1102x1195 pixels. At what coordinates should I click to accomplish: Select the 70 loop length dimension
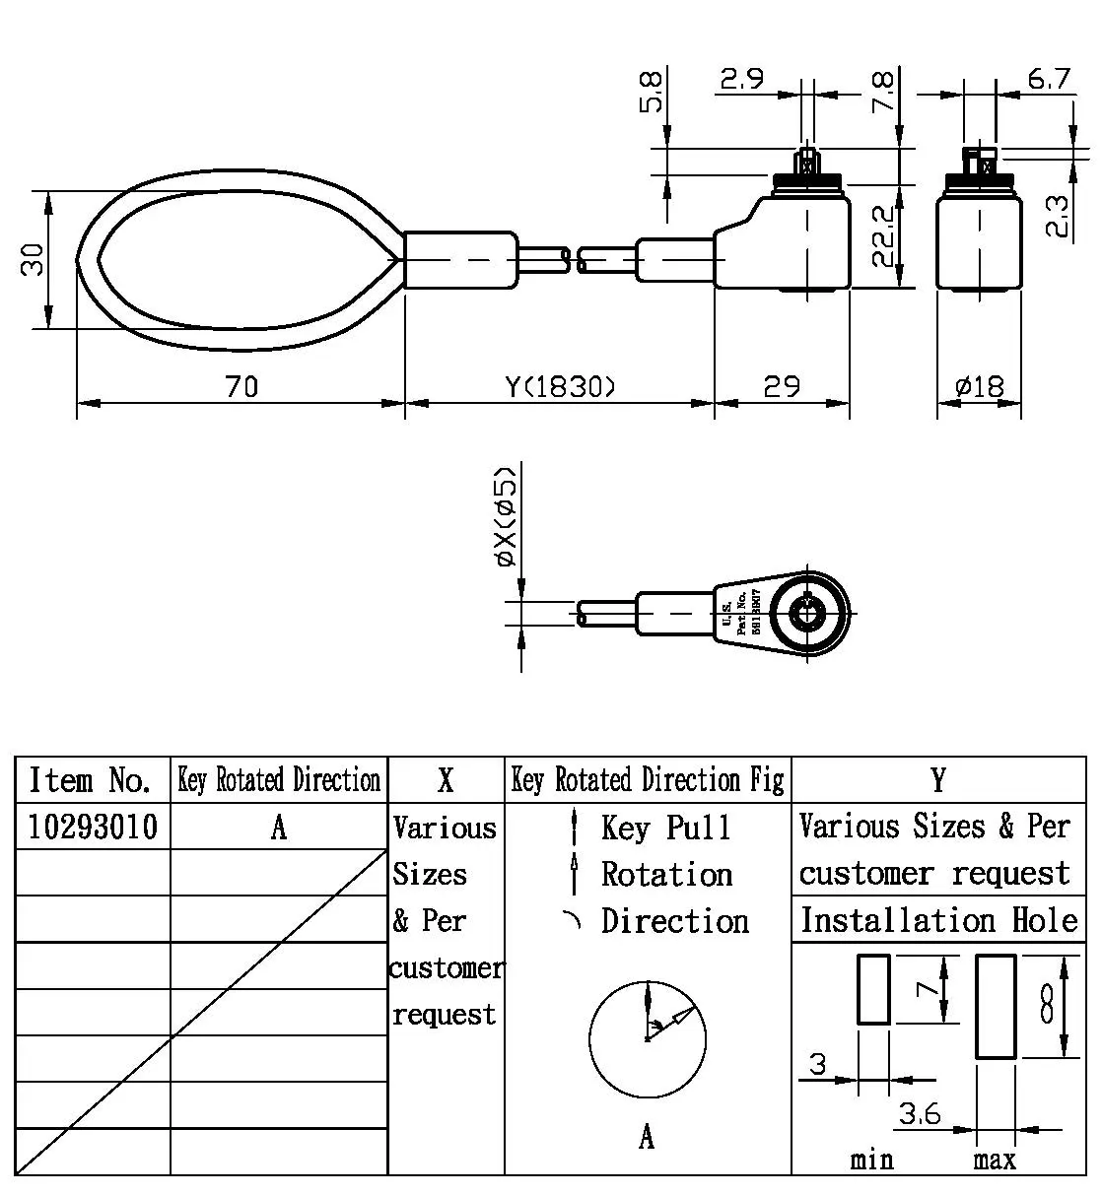241,386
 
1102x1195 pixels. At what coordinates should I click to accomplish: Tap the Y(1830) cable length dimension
560,386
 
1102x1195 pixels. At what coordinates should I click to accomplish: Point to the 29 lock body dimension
782,386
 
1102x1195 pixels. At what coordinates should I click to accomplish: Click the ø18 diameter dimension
980,386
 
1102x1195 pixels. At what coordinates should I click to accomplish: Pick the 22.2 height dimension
885,236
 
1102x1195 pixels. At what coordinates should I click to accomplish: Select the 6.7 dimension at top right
1049,79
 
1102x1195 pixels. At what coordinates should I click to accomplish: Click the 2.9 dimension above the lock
741,79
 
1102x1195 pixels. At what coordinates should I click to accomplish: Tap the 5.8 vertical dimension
653,91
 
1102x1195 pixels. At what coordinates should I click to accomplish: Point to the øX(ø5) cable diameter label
506,515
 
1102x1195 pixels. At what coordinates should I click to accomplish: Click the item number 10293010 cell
93,827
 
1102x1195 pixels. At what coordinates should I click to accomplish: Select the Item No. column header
91,780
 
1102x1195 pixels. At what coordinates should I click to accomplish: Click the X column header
446,780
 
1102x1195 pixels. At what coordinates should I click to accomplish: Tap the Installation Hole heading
938,920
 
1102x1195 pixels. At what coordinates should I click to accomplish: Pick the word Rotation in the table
666,874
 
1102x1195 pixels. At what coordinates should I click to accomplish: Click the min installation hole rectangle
873,989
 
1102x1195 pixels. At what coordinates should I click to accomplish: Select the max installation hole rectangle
996,1006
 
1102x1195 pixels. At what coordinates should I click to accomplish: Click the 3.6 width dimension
919,1114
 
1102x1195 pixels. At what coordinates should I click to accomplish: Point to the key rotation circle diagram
648,1038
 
